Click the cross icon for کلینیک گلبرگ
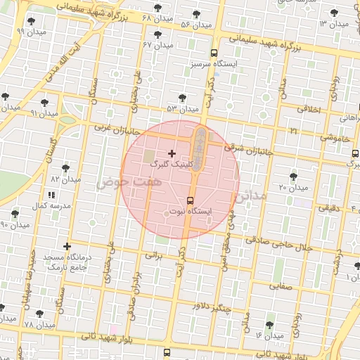(172, 153)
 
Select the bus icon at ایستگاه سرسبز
(214, 53)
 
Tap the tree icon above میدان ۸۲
(66, 169)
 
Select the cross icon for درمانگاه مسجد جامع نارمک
(67, 246)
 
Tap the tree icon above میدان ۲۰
(293, 176)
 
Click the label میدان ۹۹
(31, 32)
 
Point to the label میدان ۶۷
(157, 44)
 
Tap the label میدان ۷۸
(39, 325)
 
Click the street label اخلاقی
(309, 110)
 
